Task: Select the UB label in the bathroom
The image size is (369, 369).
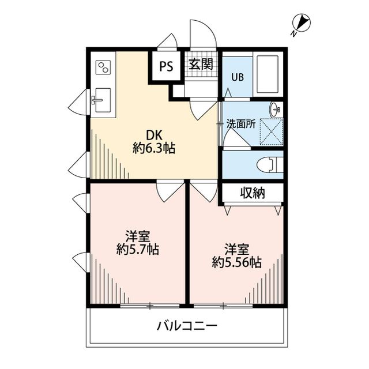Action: point(238,77)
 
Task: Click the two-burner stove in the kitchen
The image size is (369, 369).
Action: point(103,69)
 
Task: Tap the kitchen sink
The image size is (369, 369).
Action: point(101,102)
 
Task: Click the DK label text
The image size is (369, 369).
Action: point(154,135)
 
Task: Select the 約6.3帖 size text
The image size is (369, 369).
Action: point(154,149)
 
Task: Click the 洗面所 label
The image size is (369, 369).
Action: point(240,123)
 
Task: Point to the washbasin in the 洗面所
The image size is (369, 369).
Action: point(276,108)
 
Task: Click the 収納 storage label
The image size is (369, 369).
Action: point(253,193)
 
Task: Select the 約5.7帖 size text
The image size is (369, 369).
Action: point(137,249)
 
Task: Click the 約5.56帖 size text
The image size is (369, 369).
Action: point(236,262)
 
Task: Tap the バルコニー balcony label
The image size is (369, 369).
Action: point(187,326)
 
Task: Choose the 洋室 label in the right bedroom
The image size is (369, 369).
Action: point(236,249)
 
